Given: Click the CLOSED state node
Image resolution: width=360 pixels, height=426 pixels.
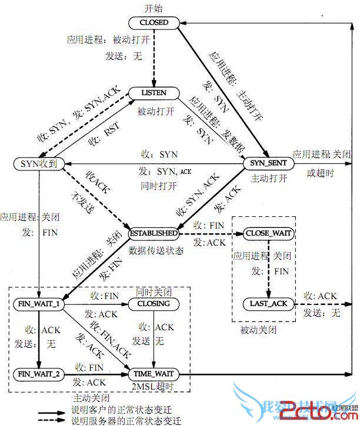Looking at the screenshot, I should click(x=154, y=23).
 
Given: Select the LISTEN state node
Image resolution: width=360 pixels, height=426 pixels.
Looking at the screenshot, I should click(x=154, y=93).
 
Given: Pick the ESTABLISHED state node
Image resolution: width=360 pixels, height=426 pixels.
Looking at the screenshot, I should click(x=153, y=233).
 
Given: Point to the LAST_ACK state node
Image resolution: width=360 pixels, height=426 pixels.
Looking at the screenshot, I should click(x=268, y=303).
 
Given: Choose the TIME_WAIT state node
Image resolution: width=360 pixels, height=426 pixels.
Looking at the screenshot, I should click(x=154, y=374).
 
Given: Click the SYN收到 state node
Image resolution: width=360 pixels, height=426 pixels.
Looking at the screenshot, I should click(x=39, y=163).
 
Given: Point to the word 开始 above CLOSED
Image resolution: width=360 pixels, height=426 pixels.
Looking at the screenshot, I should click(x=154, y=8).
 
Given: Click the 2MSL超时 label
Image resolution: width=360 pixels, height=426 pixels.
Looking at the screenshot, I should click(x=154, y=387).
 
